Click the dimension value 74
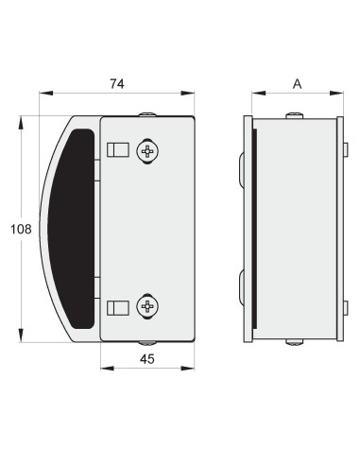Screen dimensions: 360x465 pos(117,84)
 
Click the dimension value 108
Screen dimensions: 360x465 pos(21,229)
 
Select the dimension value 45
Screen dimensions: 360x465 pos(147,359)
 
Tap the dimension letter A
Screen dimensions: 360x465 pos(297,84)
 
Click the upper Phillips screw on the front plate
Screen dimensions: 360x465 pos(147,151)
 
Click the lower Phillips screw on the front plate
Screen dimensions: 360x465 pos(147,306)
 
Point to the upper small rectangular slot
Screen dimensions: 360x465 pos(118,149)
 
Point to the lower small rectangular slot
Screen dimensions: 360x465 pos(118,308)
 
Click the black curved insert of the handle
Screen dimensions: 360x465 pos(71,229)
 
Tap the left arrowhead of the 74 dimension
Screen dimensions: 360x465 pos(46,93)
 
